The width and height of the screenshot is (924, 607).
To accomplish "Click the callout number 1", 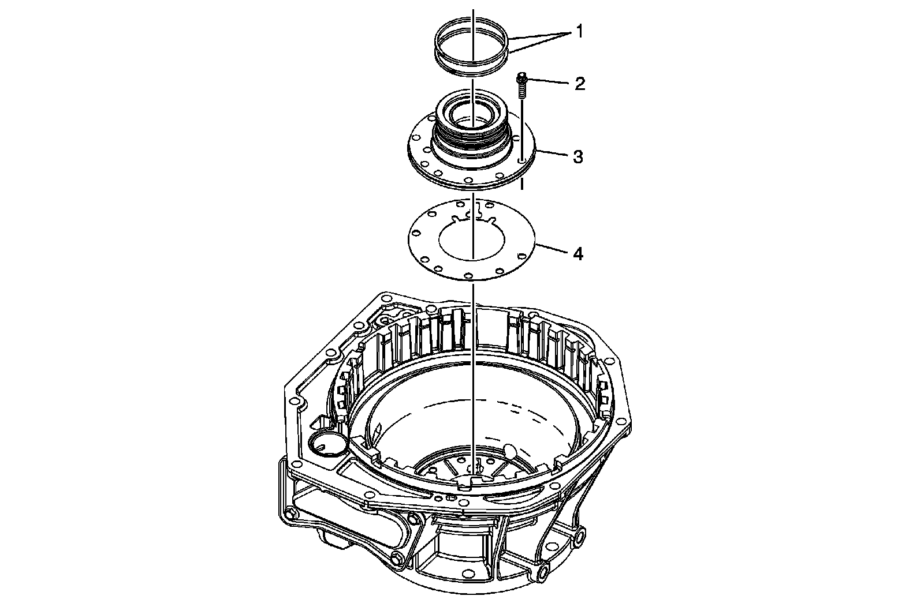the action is (580, 31).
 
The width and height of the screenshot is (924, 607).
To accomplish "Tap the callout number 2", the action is (580, 84).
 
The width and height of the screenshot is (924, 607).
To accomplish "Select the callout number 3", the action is (578, 157).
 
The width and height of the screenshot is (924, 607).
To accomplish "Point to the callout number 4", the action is (579, 254).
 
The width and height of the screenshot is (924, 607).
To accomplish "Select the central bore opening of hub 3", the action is (473, 115).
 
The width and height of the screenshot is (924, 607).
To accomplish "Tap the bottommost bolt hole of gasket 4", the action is (468, 275).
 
